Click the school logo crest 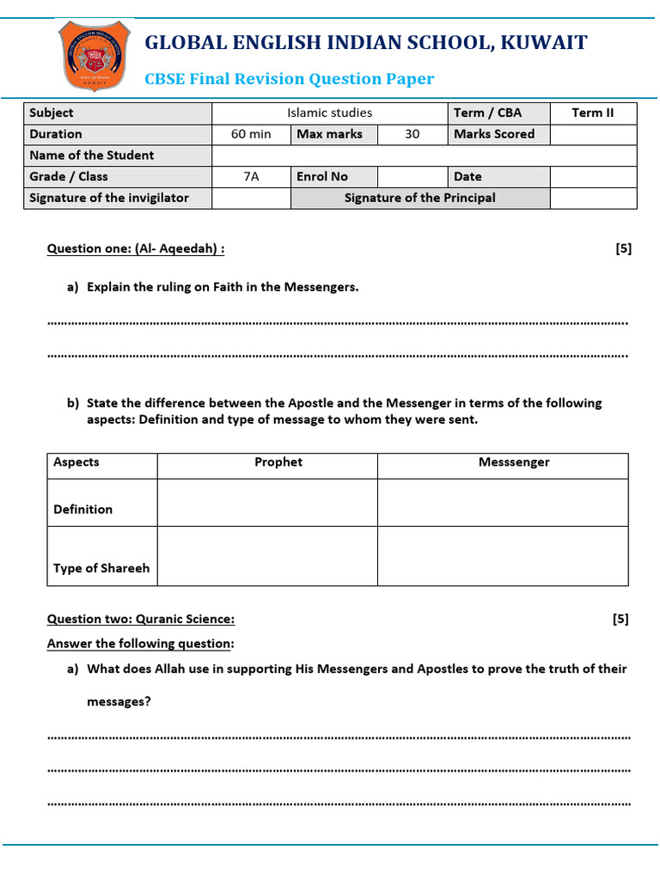pos(94,56)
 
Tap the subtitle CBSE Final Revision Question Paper pos(290,79)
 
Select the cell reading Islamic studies pos(329,113)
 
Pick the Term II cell pos(593,113)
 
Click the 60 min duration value pos(251,134)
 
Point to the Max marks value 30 pos(412,134)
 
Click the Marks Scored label pos(494,134)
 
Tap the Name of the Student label pos(92,156)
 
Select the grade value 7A pos(251,176)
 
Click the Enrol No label pos(322,176)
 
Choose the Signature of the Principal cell pos(419,198)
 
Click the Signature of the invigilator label pos(109,198)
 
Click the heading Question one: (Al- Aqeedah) pos(136,249)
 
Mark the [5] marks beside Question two pos(620,619)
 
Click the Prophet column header pos(278,462)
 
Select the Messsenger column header pos(514,462)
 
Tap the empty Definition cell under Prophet pos(267,502)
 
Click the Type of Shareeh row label pos(101,568)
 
